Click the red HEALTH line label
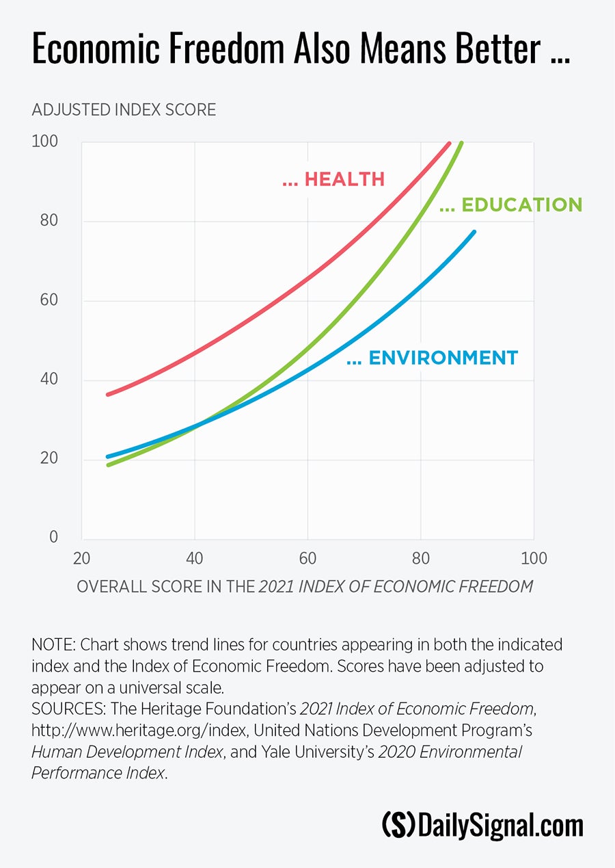(x=333, y=179)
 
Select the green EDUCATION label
(x=511, y=205)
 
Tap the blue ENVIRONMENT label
(x=433, y=358)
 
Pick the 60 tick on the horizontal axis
(x=307, y=559)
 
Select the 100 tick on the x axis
(x=534, y=559)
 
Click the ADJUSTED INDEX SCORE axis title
(x=124, y=109)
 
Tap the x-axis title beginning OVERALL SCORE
(x=305, y=587)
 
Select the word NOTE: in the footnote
(x=52, y=645)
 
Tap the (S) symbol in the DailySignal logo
(x=398, y=825)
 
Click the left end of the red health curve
(x=107, y=395)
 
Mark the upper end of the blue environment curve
(x=474, y=232)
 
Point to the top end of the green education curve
(x=462, y=143)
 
